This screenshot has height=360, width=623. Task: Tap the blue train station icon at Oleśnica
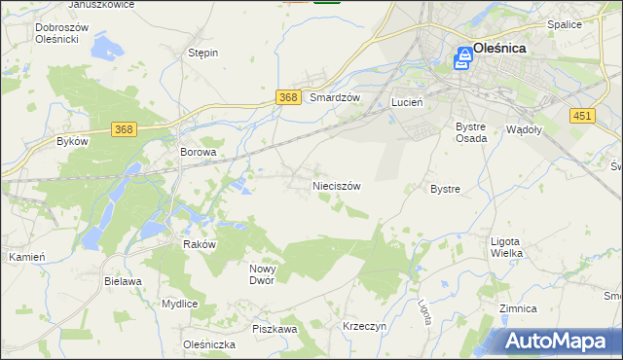click(464, 60)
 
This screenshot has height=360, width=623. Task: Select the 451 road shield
click(581, 116)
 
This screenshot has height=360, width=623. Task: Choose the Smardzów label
click(335, 98)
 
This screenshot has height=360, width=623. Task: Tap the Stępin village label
click(202, 53)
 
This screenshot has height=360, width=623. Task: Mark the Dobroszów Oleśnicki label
click(61, 34)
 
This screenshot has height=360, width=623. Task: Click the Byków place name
click(72, 141)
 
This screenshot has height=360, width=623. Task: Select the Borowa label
click(198, 153)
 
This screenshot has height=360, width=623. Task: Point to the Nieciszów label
click(337, 185)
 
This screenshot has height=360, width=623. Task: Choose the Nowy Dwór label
click(263, 274)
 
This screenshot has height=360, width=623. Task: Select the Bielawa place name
click(123, 280)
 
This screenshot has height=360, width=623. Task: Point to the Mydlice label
click(180, 304)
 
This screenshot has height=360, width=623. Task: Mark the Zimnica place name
click(518, 308)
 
